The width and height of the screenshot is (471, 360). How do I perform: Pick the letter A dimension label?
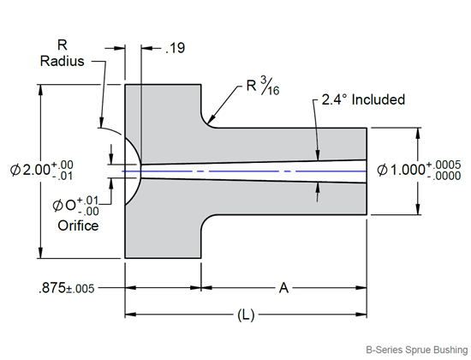[x=284, y=289]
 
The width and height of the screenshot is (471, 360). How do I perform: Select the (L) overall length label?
[x=246, y=315]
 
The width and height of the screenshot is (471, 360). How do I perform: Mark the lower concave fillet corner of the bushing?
[x=206, y=219]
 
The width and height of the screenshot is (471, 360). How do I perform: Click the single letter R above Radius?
[x=62, y=44]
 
